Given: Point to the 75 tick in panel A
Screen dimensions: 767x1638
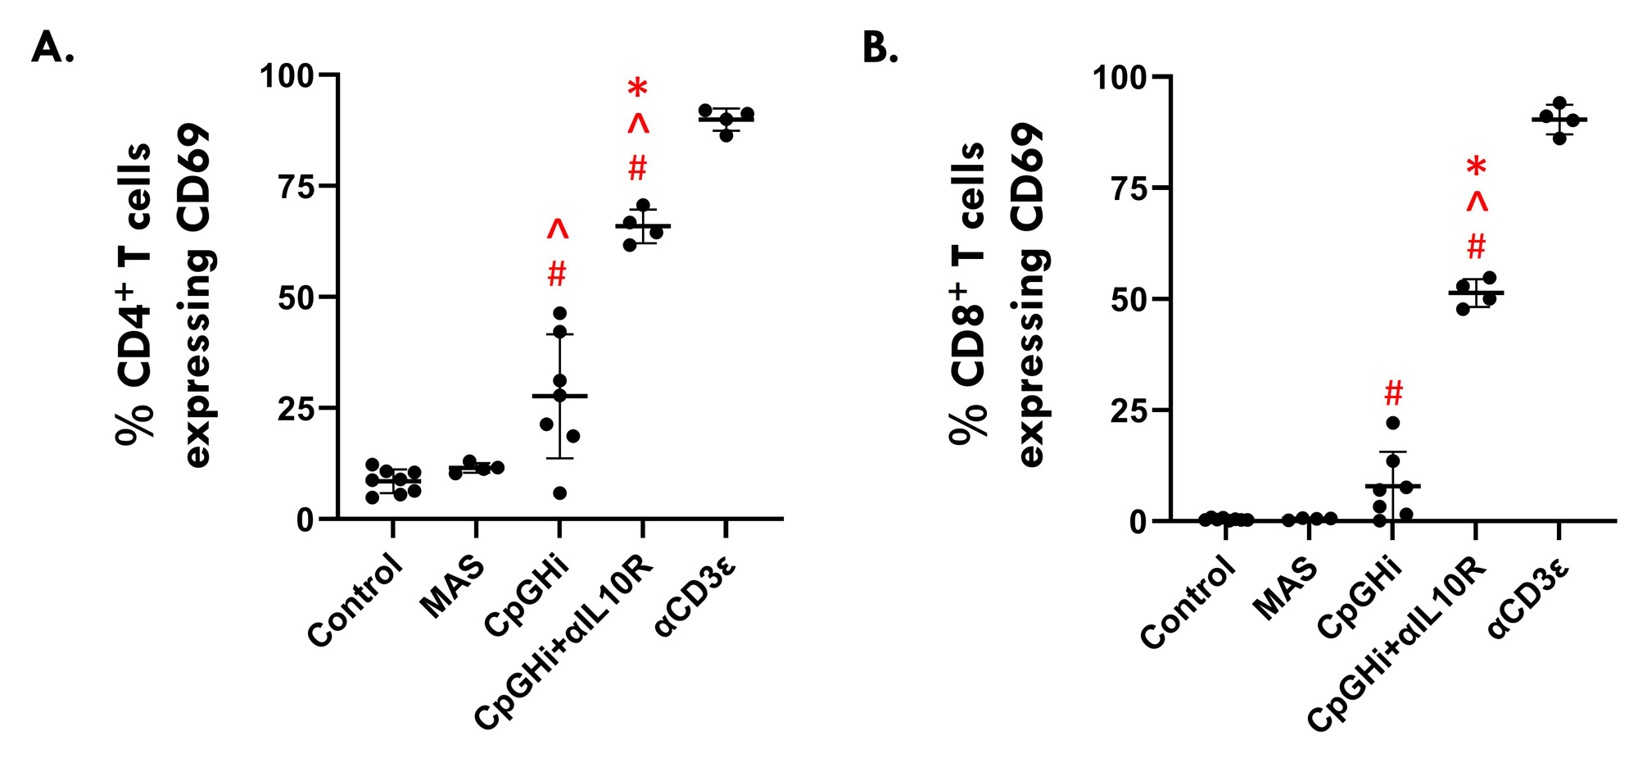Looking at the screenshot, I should pos(296,187).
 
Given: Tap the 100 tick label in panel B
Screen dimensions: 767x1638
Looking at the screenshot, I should pos(1120,78).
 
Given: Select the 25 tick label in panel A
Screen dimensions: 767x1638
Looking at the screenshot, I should pos(296,408).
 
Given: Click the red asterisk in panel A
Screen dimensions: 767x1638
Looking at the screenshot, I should pos(637,88).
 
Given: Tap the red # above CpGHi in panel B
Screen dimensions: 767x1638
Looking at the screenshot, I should pos(1393,393).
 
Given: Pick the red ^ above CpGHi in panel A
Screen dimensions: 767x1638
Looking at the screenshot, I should pos(558,230).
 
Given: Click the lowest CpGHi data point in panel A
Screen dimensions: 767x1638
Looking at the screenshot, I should pos(559,493).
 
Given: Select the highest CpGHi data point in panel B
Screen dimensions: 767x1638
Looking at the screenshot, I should pos(1393,423).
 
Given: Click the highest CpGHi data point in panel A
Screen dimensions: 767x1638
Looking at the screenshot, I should pos(559,313).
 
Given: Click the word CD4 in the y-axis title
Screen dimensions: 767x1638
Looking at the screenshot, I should pos(135,344).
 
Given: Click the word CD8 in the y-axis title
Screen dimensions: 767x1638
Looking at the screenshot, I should pos(969,344).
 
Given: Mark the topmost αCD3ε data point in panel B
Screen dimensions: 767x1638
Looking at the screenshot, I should pos(1559,103).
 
